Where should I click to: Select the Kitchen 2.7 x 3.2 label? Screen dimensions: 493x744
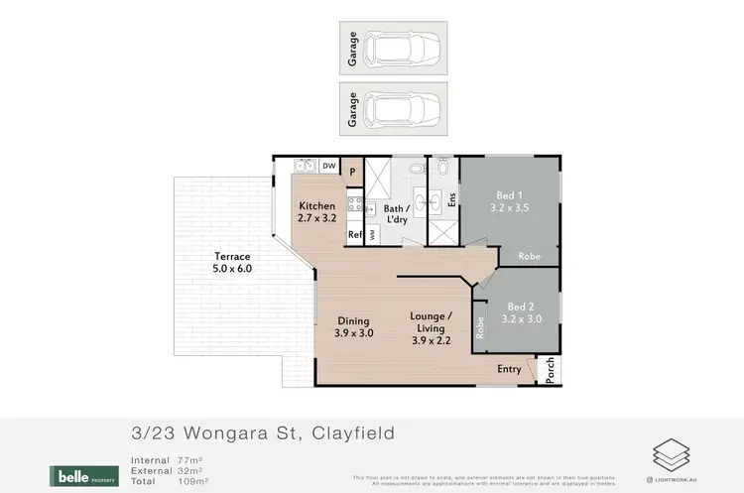(x=317, y=212)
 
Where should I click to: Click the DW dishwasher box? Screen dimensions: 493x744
(x=328, y=167)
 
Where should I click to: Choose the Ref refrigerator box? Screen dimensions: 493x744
(x=354, y=235)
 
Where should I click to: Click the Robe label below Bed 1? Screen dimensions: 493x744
(x=530, y=255)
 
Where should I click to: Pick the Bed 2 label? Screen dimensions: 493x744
(x=520, y=307)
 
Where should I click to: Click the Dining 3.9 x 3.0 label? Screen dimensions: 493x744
(x=353, y=326)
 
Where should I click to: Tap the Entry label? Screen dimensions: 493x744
(x=510, y=369)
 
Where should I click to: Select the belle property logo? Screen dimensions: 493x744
(x=85, y=475)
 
